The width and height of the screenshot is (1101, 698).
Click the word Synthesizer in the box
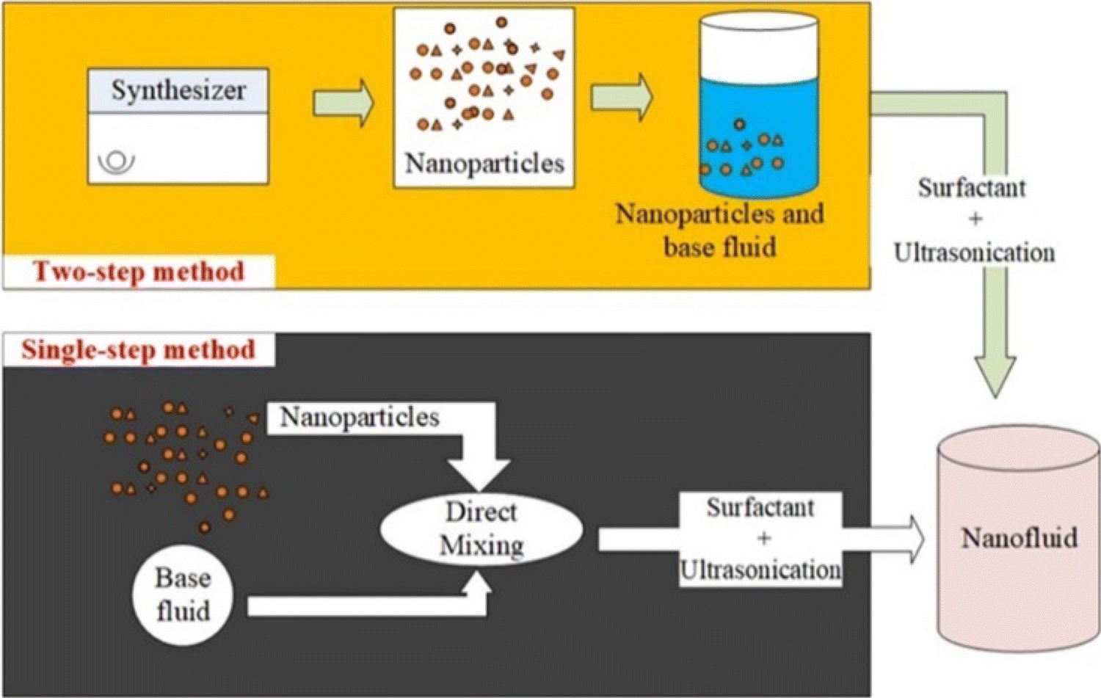[178, 90]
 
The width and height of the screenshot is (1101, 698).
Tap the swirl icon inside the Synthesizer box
[117, 161]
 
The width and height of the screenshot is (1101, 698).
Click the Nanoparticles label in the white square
[484, 163]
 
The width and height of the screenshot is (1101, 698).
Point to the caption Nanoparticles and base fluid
[719, 230]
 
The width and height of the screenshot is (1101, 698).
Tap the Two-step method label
[139, 272]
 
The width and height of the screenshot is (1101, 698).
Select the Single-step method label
[138, 349]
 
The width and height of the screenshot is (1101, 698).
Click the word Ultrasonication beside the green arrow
[974, 252]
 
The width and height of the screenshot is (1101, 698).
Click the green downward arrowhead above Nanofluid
[995, 374]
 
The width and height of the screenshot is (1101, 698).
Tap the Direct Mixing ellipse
[482, 528]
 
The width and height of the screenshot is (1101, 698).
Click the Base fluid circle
[183, 595]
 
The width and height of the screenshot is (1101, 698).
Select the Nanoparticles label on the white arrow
[360, 417]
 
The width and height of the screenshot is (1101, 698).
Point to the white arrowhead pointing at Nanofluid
[915, 539]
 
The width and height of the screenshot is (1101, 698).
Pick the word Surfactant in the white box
[760, 507]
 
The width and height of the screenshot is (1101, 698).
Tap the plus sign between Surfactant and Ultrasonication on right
[975, 219]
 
